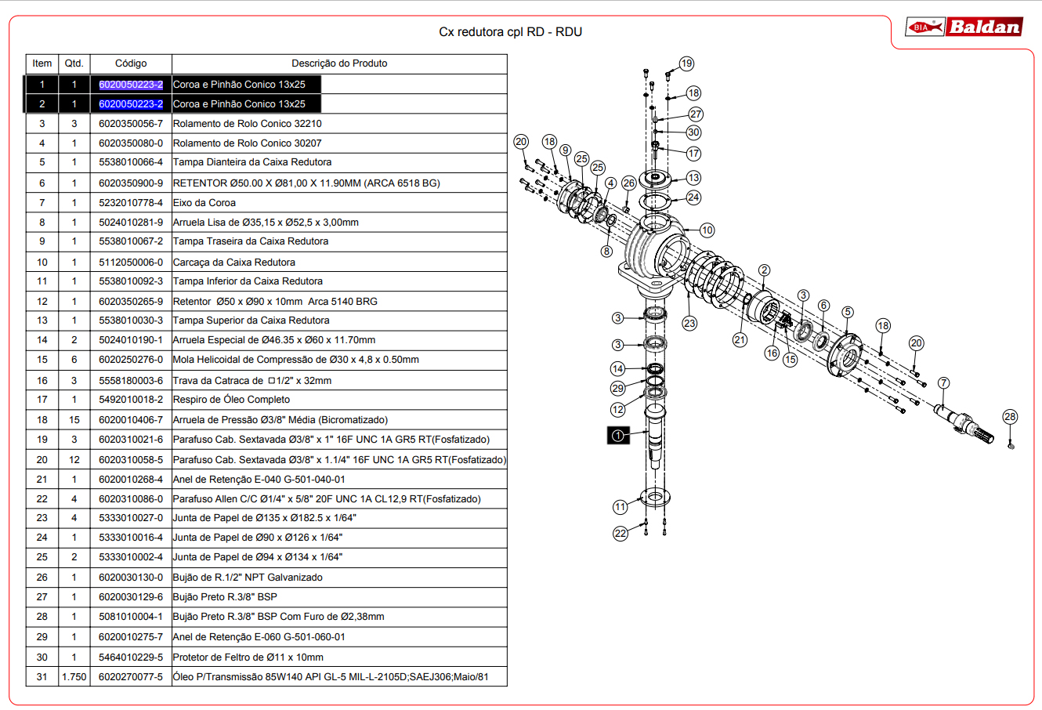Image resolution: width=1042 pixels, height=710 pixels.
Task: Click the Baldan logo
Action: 964,27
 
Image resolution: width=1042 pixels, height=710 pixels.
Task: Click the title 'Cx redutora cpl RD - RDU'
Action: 510,32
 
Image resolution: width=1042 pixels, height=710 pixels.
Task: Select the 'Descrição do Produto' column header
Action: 339,63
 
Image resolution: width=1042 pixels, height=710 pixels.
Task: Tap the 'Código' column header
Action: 131,63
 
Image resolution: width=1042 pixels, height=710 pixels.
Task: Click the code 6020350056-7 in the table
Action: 131,124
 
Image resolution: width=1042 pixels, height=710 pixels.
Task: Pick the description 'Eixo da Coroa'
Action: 204,203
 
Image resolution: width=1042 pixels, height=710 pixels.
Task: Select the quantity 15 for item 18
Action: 74,420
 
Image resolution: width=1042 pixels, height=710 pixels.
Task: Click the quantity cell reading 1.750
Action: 74,677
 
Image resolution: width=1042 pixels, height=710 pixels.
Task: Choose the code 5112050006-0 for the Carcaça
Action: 131,263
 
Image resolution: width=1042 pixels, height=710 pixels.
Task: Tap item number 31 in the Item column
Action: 42,677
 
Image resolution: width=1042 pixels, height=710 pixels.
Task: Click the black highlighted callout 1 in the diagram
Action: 618,436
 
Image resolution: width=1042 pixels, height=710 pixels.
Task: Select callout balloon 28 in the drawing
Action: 1010,417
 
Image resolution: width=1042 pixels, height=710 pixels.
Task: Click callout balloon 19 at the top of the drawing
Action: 686,63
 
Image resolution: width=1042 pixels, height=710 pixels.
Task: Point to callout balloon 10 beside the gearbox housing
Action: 707,230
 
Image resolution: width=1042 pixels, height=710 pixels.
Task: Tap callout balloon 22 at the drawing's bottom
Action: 620,534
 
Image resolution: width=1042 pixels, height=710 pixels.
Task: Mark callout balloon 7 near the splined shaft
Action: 943,383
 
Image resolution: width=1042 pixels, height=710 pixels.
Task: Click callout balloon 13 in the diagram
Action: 693,178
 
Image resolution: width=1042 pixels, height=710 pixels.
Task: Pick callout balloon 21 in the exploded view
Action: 740,340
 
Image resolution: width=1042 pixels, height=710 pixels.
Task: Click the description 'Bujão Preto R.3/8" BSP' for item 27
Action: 225,597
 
